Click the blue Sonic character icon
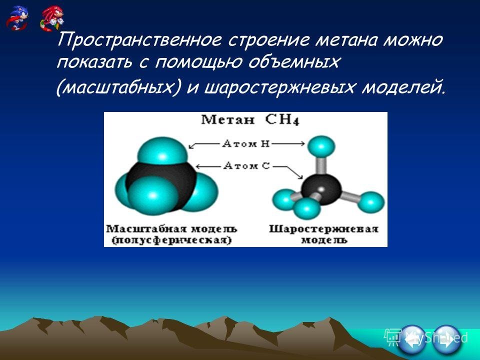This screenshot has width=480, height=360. (x=17, y=18)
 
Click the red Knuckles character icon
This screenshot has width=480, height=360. (x=52, y=18)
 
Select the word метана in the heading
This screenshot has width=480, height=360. (x=345, y=40)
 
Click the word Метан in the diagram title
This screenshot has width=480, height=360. (x=227, y=119)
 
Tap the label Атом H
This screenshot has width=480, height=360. (x=246, y=143)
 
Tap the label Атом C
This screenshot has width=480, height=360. (x=246, y=166)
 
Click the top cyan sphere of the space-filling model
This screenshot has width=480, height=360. (x=162, y=151)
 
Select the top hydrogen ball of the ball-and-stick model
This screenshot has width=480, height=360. (x=321, y=146)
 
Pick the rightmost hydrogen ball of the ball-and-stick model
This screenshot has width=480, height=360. (x=370, y=202)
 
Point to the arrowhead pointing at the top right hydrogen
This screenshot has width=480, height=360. (x=302, y=143)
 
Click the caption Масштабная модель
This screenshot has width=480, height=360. (x=171, y=228)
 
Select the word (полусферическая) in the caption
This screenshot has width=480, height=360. (x=171, y=240)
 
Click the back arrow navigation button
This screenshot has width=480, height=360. (x=412, y=339)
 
